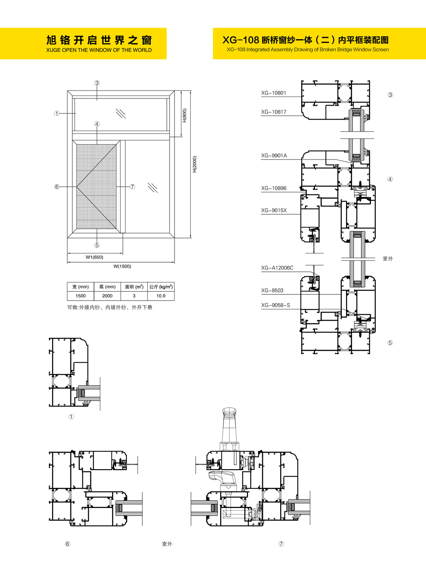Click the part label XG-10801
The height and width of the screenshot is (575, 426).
tap(273, 93)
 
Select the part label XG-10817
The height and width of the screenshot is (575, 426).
tap(273, 112)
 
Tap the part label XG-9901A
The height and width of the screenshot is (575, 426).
tap(274, 156)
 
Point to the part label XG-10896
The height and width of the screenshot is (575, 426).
tap(274, 188)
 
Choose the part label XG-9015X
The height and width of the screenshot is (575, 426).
tap(274, 210)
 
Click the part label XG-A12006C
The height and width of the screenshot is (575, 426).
tap(277, 268)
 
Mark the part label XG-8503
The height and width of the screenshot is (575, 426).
tap(272, 290)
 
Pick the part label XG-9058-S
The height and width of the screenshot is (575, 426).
tap(276, 305)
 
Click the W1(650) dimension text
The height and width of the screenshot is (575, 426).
tap(95, 257)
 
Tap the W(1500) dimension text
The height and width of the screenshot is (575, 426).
tap(122, 266)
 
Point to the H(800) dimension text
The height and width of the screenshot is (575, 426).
tap(184, 115)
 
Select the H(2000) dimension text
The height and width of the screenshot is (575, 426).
tap(195, 164)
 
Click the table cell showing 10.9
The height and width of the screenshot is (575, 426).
tap(161, 296)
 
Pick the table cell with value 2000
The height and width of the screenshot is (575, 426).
tap(107, 296)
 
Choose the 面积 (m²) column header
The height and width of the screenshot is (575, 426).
tap(134, 287)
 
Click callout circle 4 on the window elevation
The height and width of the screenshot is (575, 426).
tap(97, 124)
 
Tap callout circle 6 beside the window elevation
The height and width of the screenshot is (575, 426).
tap(57, 187)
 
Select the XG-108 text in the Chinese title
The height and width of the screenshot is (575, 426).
tap(241, 40)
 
